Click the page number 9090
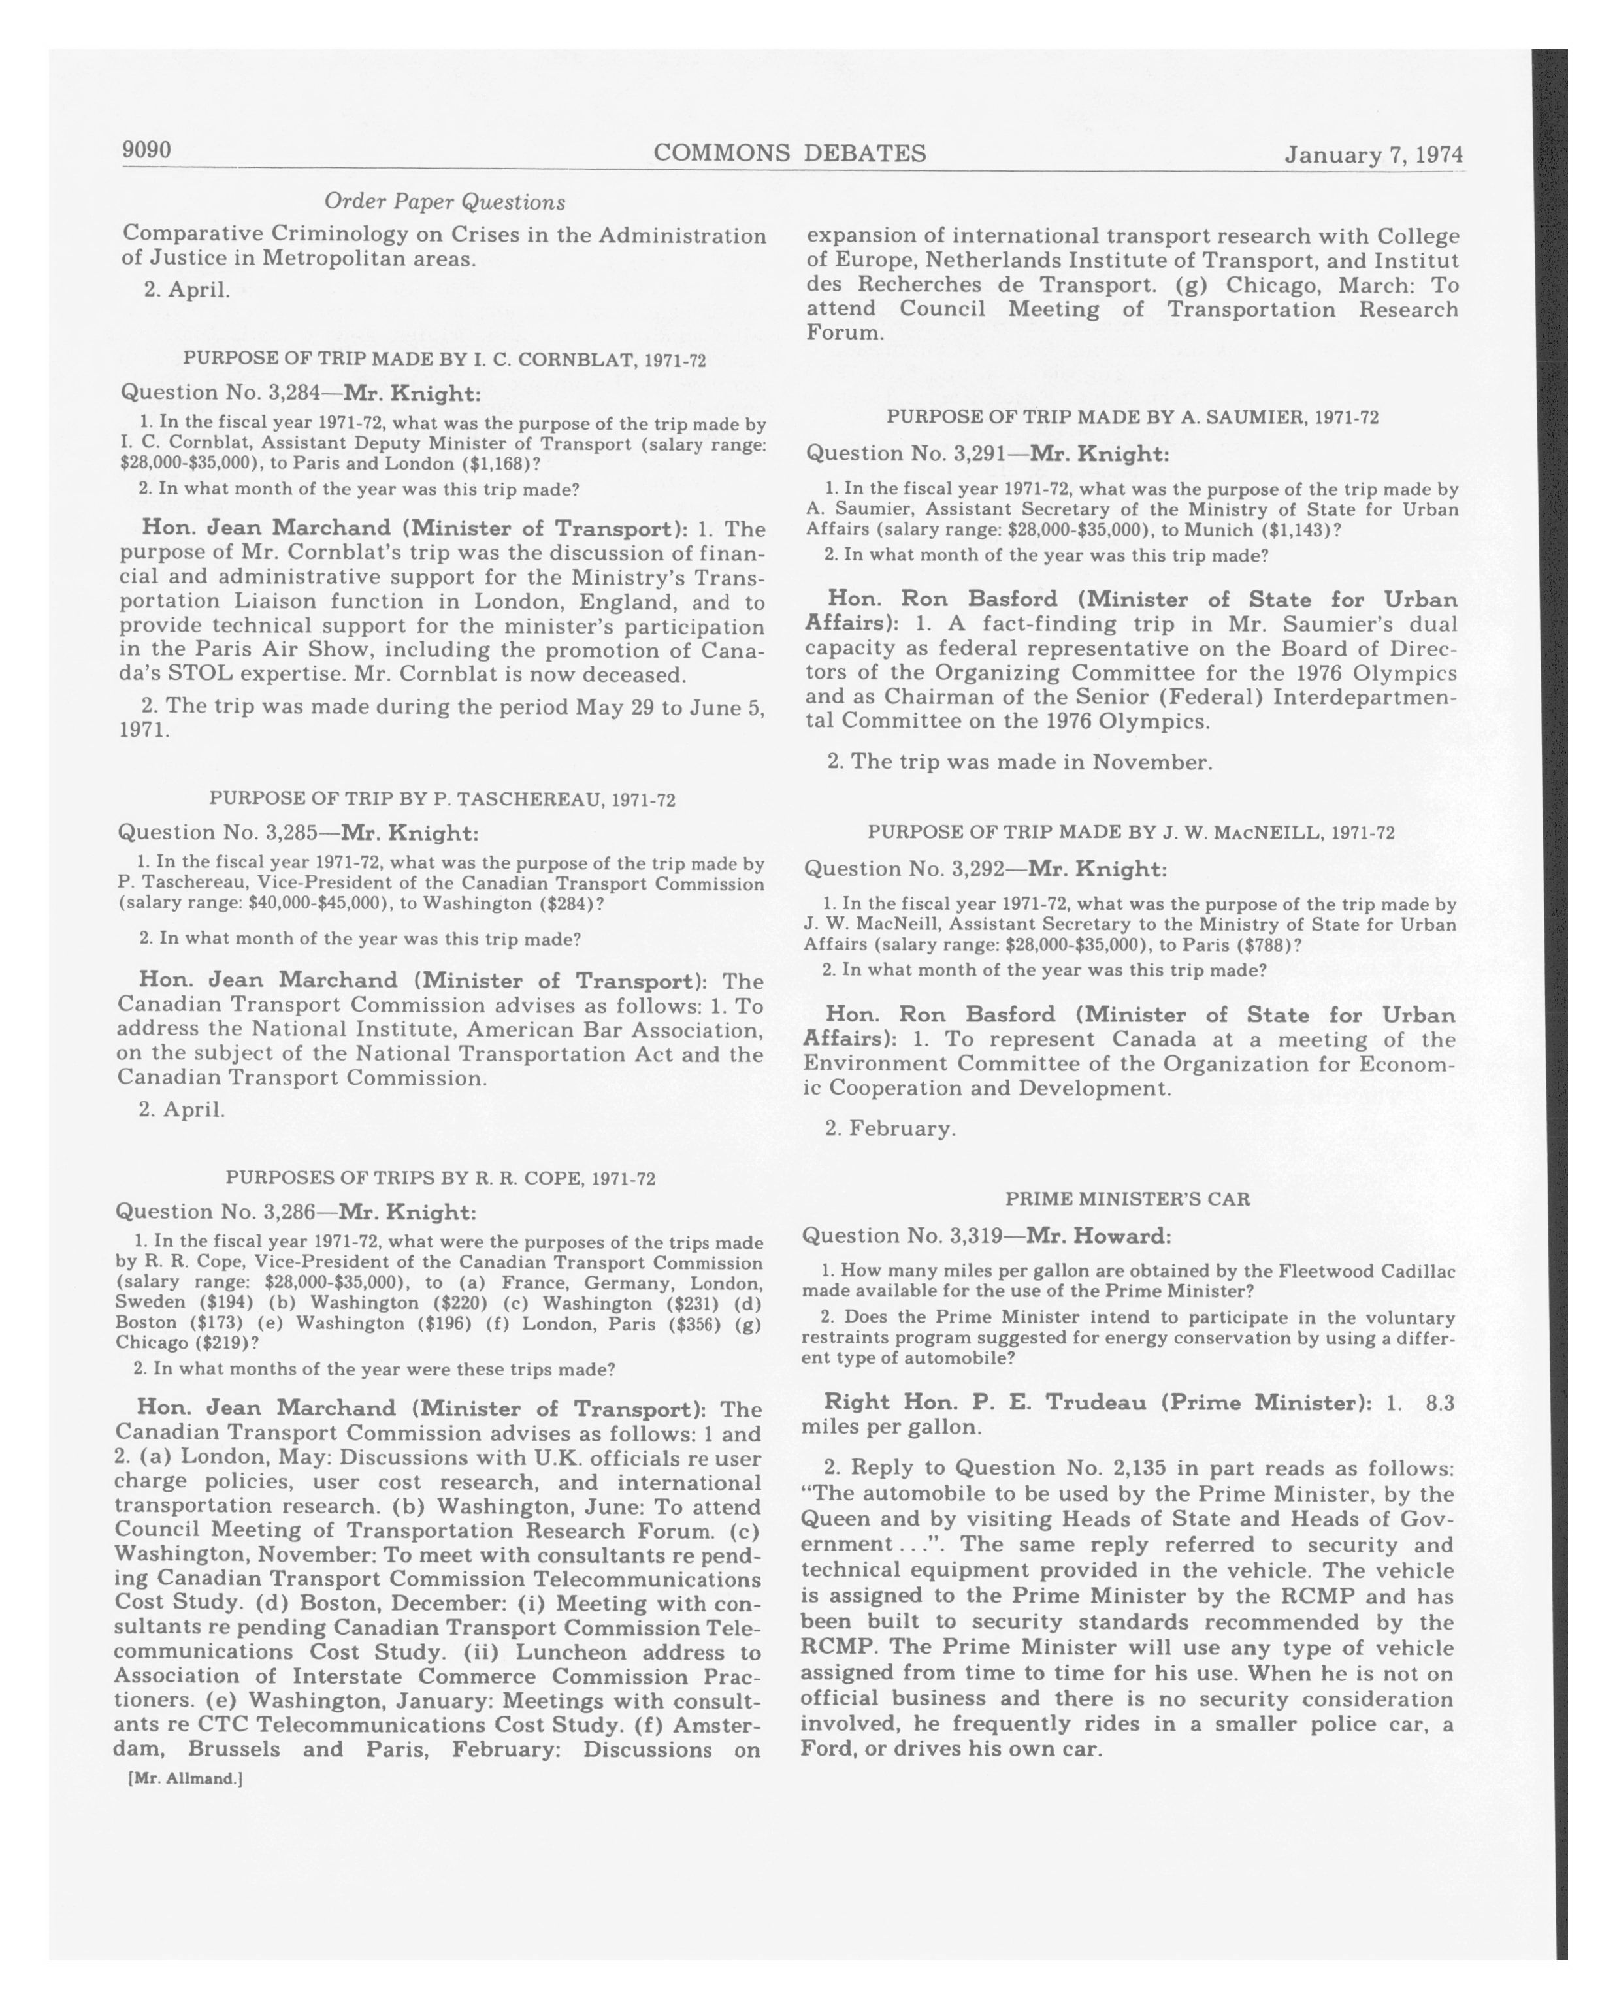pyautogui.click(x=146, y=150)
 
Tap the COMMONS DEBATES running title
pyautogui.click(x=789, y=153)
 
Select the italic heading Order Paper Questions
pyautogui.click(x=444, y=201)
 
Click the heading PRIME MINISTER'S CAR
pyautogui.click(x=1128, y=1198)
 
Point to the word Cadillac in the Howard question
pyautogui.click(x=1407, y=1271)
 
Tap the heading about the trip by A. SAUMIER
pyautogui.click(x=1132, y=417)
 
